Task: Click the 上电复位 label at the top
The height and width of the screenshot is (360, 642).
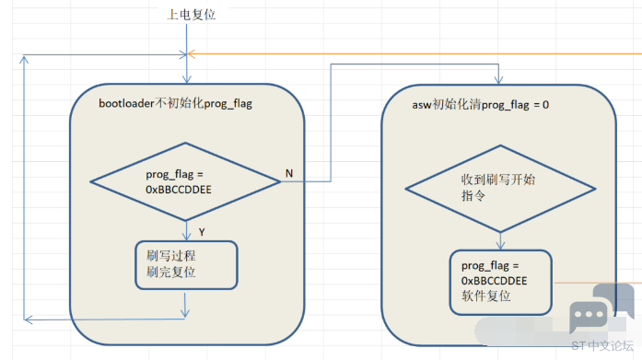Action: click(191, 15)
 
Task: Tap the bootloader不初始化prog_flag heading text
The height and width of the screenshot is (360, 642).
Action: click(175, 103)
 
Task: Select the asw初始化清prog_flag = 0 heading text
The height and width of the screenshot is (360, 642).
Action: click(480, 105)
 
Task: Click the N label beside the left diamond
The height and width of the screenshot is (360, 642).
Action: click(289, 173)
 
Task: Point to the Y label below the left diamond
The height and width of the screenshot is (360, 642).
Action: click(202, 232)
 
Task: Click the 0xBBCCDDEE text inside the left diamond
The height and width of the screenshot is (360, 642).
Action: click(179, 190)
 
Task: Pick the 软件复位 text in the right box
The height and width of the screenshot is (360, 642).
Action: click(486, 296)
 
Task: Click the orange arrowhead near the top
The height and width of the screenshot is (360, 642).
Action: click(191, 54)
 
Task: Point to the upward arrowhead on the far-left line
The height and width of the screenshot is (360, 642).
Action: click(24, 60)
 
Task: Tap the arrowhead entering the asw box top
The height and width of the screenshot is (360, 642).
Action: click(498, 80)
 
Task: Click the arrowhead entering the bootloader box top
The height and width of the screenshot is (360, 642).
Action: click(187, 79)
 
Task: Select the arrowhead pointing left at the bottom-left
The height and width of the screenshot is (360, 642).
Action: click(28, 319)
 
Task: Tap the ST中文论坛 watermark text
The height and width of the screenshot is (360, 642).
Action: click(602, 346)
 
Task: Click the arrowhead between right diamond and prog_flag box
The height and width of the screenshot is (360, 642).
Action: click(500, 245)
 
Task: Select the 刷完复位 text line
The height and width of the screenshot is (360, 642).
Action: click(170, 272)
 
